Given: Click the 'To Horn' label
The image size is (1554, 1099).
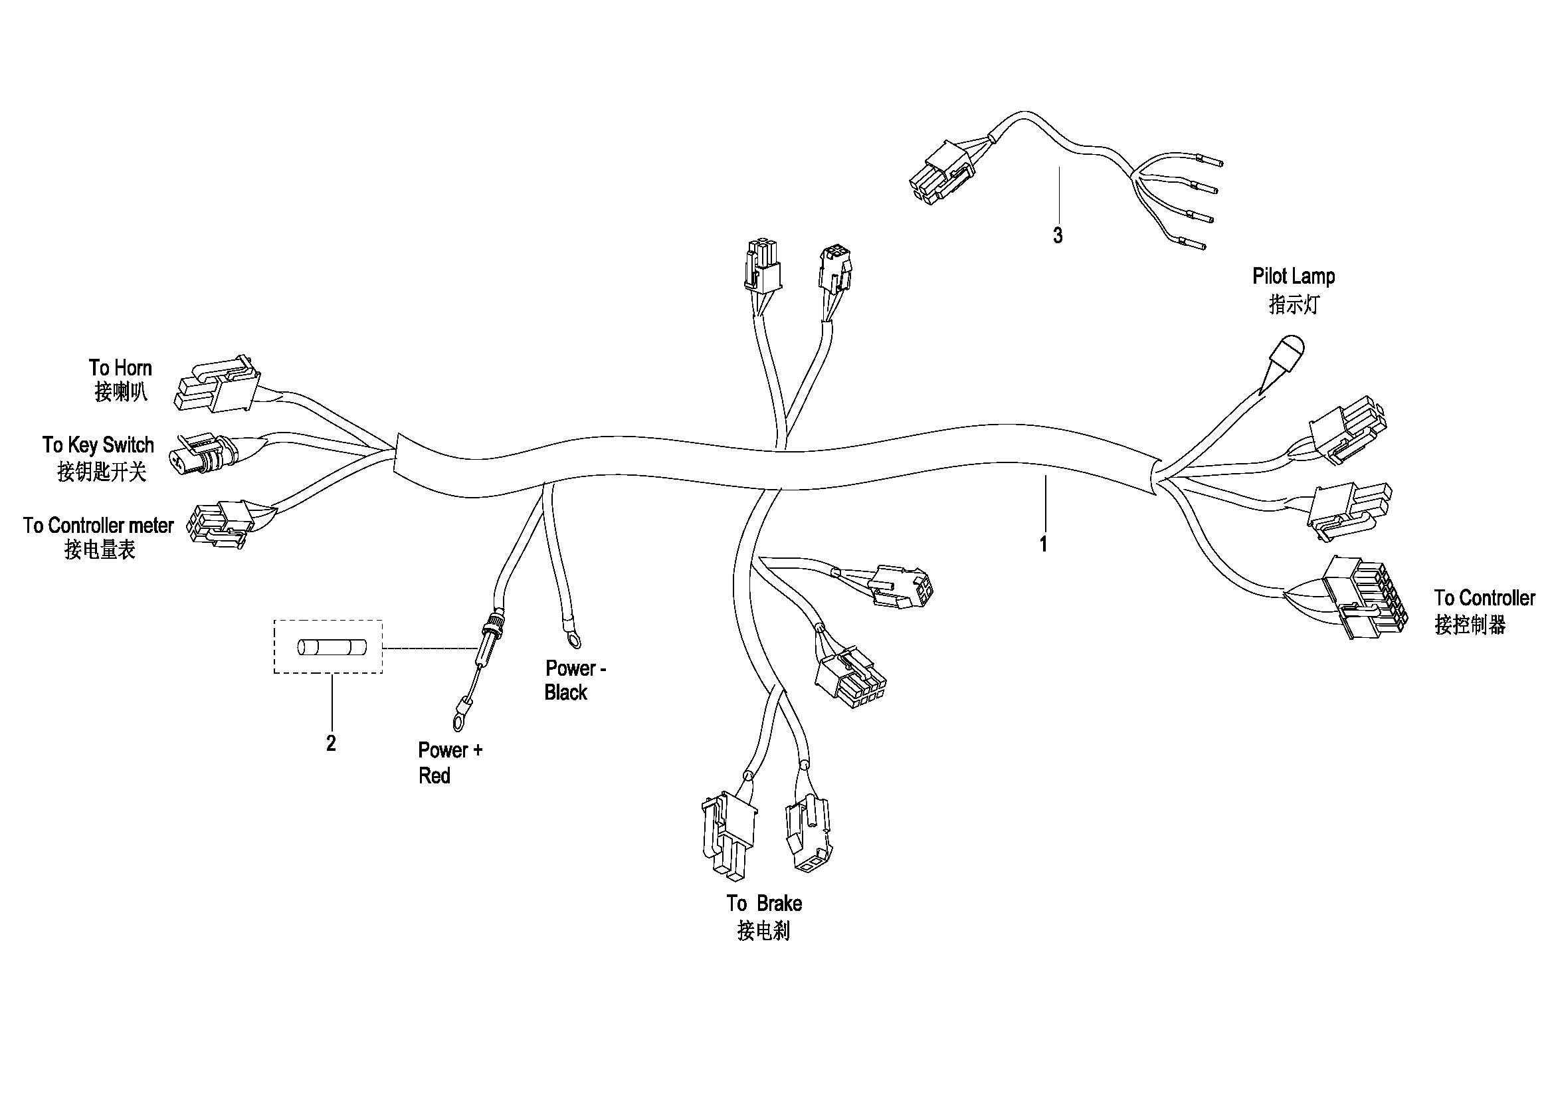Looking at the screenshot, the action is pos(120,368).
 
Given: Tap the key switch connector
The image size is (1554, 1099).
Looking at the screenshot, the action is pos(207,454).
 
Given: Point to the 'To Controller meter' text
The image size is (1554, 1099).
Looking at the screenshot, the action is pos(98,525).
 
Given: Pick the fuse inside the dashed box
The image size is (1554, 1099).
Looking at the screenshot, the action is pos(332,649).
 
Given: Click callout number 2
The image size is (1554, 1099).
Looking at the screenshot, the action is pos(331,744).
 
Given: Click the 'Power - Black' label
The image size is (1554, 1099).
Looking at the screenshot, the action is pos(575,680).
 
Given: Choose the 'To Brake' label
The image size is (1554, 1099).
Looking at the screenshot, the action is pos(765,904).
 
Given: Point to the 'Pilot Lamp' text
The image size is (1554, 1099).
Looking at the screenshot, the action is pos(1294,276).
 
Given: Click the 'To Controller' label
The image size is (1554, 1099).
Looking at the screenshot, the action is pos(1484,598).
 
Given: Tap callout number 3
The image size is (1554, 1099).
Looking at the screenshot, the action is pos(1057,236).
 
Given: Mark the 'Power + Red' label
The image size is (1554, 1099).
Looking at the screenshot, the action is pos(450,763).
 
